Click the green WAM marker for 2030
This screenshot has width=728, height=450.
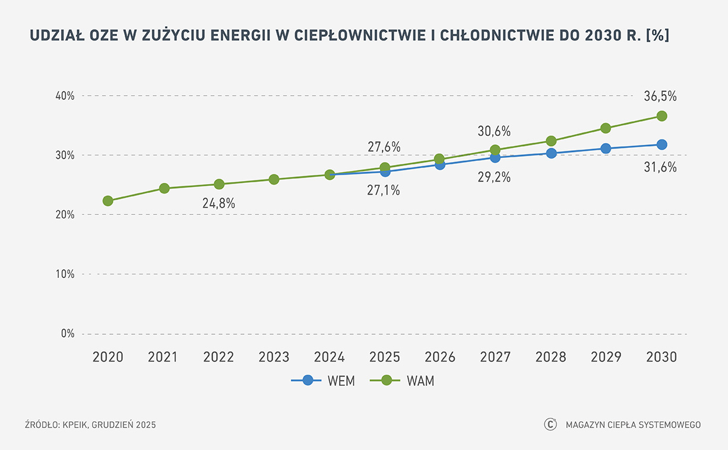coord(661,116)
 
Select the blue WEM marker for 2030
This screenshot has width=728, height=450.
coord(661,144)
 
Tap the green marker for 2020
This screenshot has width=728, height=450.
coord(107,201)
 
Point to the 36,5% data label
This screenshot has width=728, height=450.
coord(660,96)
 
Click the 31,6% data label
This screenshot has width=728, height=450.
coord(660,167)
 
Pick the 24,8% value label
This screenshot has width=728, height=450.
coord(219,203)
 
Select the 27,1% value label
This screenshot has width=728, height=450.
coord(384,191)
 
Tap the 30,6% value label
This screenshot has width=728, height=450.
coord(494,132)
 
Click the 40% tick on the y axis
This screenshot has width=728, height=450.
coord(64,96)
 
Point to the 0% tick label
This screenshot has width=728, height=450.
coord(67,334)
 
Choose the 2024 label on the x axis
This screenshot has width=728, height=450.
coord(329,357)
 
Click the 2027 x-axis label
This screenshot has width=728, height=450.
coord(495,357)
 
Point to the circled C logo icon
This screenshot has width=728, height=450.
coord(550,424)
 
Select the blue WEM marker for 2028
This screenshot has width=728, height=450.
coord(551,153)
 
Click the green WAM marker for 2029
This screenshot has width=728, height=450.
coord(606,128)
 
